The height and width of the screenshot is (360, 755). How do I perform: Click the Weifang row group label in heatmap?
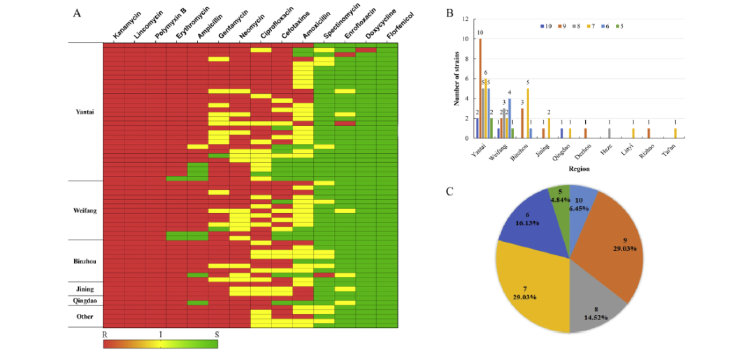[x=84, y=210]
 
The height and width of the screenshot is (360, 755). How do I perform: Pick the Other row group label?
[x=85, y=316]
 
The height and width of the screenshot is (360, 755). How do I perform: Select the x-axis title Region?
[x=578, y=169]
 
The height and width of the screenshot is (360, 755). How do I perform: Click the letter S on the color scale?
[x=217, y=336]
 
